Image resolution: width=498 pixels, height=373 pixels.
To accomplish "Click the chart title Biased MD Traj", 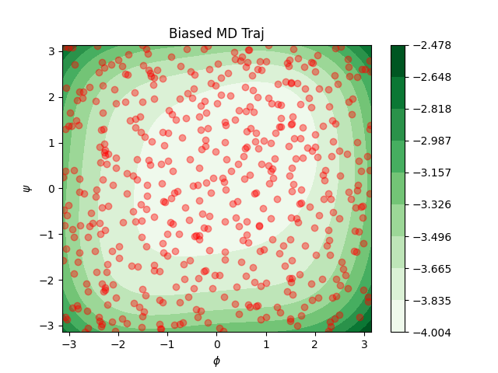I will pos(216,33).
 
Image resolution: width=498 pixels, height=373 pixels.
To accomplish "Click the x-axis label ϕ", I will pos(216,361).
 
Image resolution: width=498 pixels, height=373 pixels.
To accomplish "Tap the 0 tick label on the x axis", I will pos(217,343).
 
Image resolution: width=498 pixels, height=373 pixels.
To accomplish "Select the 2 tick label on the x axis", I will pos(315,343).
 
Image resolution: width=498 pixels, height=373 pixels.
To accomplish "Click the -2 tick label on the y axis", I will pos(49,280).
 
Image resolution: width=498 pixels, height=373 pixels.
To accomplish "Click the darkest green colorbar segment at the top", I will pos(398,61).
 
